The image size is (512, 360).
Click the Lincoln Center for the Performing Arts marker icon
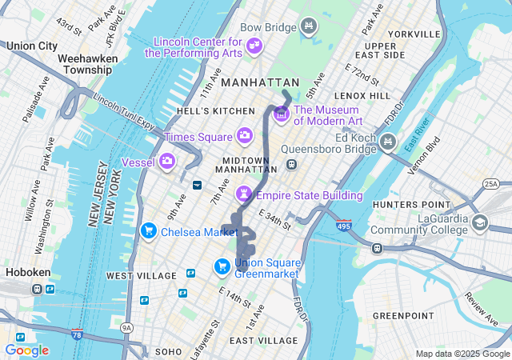[x=255, y=46]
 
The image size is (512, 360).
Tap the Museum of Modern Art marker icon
[x=281, y=115]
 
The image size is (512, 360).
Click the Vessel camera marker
[x=167, y=162]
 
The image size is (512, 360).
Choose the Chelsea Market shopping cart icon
[x=148, y=231]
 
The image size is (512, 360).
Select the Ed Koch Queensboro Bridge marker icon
[x=388, y=142]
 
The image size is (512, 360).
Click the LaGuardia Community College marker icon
[x=480, y=223]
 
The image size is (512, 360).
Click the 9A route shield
[x=126, y=327]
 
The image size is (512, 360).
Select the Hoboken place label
[x=27, y=272]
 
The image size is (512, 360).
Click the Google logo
[x=26, y=350]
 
